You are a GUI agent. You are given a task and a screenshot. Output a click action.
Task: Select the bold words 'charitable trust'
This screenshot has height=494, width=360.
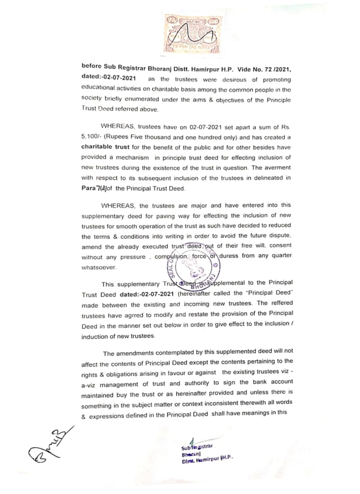[x=105, y=147]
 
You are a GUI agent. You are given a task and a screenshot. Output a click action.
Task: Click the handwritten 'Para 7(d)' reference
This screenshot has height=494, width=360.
[x=94, y=188]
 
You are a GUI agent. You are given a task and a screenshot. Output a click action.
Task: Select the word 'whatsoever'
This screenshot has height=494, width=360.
[x=99, y=267]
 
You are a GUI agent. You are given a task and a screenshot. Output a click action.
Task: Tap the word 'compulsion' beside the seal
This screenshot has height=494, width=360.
[x=172, y=257]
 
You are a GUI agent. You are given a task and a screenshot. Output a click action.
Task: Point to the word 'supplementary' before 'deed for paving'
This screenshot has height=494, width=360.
[x=103, y=216]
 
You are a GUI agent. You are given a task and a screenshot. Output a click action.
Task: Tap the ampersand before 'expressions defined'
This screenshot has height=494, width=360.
[x=83, y=417]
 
